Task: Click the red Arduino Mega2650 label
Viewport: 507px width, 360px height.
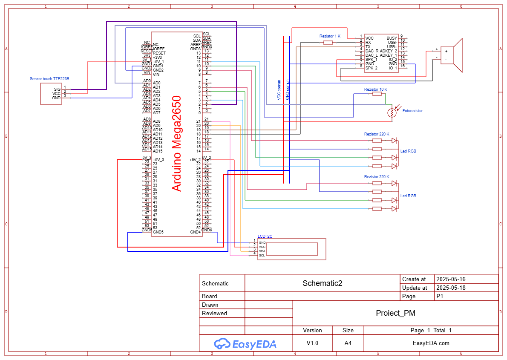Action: coord(176,143)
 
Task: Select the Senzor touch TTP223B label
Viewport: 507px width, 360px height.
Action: coord(49,79)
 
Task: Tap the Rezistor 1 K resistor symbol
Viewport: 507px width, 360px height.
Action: coord(328,43)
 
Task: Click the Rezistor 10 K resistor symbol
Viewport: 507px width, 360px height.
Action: coord(377,94)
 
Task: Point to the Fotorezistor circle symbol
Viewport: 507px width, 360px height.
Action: coord(391,112)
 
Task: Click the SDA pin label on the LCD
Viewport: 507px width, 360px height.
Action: coord(262,251)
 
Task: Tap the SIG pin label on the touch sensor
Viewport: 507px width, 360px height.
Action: coord(57,89)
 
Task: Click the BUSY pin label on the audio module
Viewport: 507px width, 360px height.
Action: coord(392,38)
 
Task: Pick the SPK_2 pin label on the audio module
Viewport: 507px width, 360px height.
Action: coord(371,68)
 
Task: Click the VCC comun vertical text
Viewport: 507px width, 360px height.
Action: coord(279,90)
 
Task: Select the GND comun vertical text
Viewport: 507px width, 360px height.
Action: coord(288,90)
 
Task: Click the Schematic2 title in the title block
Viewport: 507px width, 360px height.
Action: coord(322,283)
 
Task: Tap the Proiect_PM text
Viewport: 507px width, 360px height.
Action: coord(395,313)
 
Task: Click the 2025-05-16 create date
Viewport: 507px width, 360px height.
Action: coord(451,279)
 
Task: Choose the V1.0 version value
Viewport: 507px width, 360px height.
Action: coord(312,343)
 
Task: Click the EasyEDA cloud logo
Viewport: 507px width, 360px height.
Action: coord(222,343)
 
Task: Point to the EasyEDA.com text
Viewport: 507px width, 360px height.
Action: coord(431,343)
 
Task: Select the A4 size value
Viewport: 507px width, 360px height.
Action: coord(348,343)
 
